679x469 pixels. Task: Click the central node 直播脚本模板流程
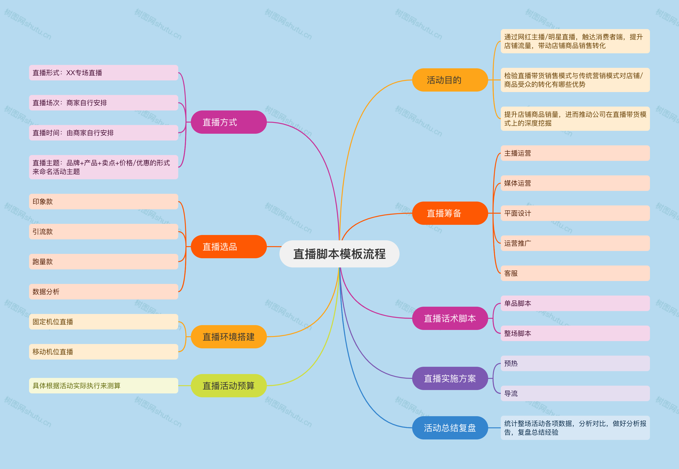click(339, 254)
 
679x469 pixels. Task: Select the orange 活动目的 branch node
click(450, 80)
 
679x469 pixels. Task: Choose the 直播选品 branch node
click(229, 247)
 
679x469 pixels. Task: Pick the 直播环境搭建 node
click(229, 336)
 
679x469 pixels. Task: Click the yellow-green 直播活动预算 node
click(229, 385)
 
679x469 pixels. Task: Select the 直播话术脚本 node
click(450, 318)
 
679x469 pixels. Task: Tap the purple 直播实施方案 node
click(450, 378)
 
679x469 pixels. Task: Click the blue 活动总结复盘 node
click(450, 428)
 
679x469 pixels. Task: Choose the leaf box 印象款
click(103, 202)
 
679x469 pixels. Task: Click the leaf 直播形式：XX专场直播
click(103, 73)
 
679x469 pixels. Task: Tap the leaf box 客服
click(575, 273)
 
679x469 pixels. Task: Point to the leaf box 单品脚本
click(575, 303)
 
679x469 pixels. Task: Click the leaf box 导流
click(575, 393)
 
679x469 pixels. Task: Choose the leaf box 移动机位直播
click(103, 352)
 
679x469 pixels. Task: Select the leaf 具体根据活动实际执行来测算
click(103, 385)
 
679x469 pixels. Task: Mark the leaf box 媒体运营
click(575, 183)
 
